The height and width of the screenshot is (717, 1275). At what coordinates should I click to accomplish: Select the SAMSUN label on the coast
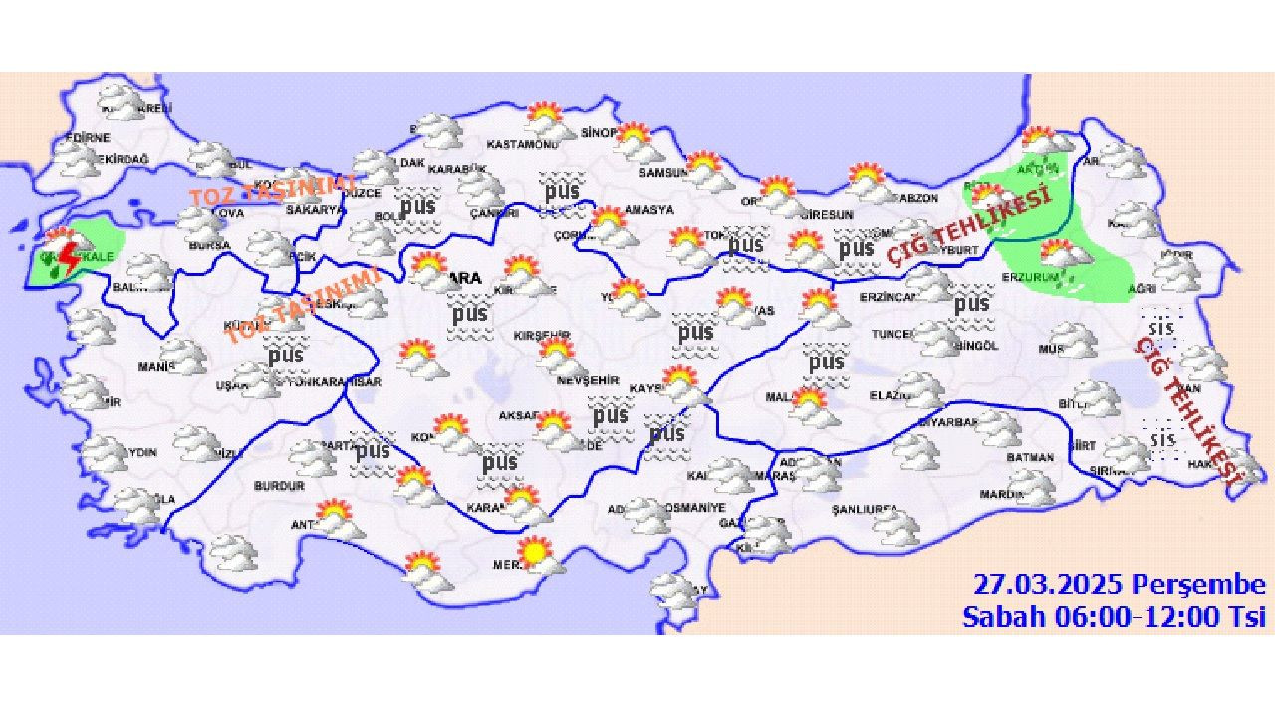coord(663,173)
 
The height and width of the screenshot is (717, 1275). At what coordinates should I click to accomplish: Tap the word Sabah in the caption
coord(999,616)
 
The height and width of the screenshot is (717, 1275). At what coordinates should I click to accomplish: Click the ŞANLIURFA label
coord(864,510)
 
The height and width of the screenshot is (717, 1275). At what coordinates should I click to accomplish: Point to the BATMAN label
coord(1030,457)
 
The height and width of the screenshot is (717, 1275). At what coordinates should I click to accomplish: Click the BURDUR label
coord(279,486)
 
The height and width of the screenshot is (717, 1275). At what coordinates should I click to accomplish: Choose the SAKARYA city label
coord(315,210)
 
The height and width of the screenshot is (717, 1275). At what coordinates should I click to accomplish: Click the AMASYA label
coord(649,210)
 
